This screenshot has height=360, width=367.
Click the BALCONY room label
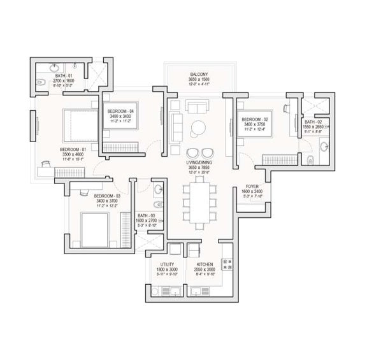point(196,74)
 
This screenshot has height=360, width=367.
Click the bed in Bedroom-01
point(76,122)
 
